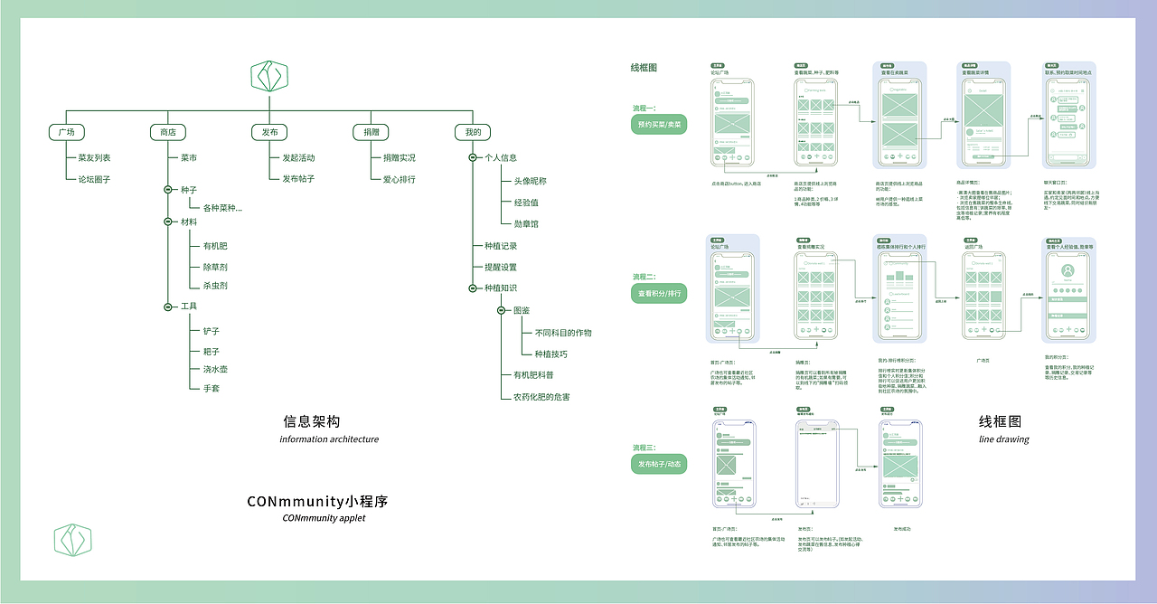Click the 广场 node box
tap(66, 132)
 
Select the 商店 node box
tap(167, 132)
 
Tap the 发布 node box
tap(269, 132)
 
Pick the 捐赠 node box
tap(371, 132)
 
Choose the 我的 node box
tap(473, 132)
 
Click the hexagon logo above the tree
tap(269, 77)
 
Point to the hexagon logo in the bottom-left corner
tap(73, 539)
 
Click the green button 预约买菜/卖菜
tap(659, 124)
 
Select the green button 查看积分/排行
tap(659, 294)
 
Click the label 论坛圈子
tap(94, 179)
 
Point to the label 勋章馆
tap(526, 223)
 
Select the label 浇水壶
tap(215, 370)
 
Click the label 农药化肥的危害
tap(541, 397)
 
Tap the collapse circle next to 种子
tap(167, 190)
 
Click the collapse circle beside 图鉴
tap(502, 311)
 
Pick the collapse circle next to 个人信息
tap(473, 158)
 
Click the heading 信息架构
tap(312, 421)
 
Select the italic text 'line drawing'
tap(1003, 439)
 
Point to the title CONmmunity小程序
tap(317, 501)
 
